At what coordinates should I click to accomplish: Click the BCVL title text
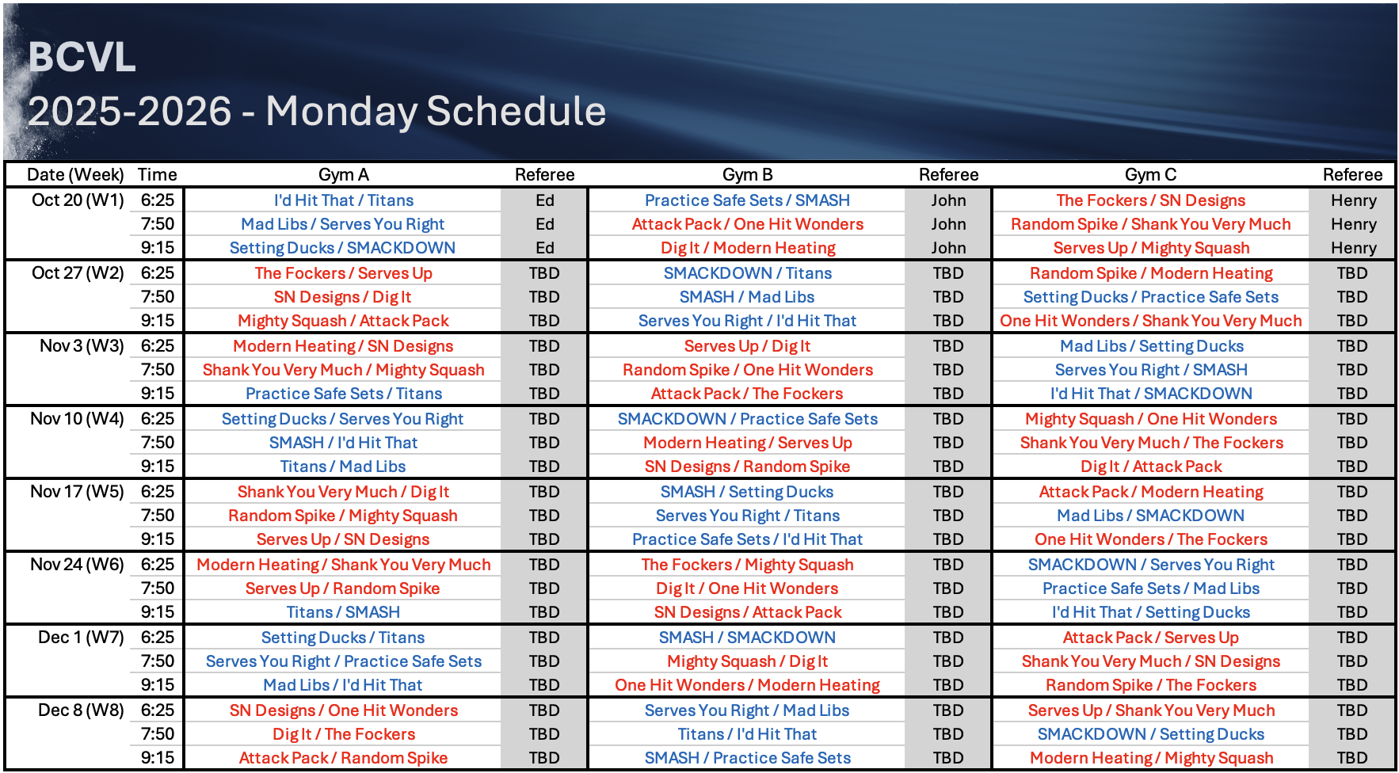[x=82, y=57]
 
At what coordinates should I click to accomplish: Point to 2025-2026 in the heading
[x=130, y=111]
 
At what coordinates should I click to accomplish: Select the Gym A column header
[x=343, y=174]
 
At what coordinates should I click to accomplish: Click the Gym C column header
[x=1150, y=174]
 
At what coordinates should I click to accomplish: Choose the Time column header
[x=158, y=174]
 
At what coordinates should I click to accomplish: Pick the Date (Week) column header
[x=75, y=174]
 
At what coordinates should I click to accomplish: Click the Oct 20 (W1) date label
[x=78, y=200]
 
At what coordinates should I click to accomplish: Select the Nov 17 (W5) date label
[x=77, y=491]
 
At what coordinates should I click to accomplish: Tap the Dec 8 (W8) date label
[x=81, y=710]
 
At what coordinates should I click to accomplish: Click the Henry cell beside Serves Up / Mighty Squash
[x=1353, y=248]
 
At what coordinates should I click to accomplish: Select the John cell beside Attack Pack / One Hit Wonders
[x=948, y=224]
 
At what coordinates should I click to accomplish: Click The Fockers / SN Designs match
[x=1150, y=200]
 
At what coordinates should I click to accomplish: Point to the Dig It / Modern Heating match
[x=748, y=248]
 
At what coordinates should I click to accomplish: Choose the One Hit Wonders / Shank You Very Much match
[x=1150, y=321]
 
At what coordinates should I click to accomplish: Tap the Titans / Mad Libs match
[x=343, y=466]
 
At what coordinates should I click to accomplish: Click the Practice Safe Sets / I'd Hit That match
[x=747, y=539]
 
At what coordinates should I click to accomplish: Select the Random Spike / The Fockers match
[x=1150, y=685]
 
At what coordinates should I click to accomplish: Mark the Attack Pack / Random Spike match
[x=343, y=758]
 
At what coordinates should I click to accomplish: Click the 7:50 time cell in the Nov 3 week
[x=158, y=370]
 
